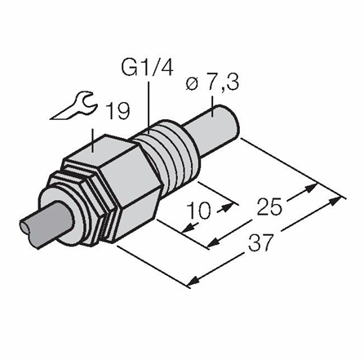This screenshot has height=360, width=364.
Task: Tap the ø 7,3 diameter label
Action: pos(212,82)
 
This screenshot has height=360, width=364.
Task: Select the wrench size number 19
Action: pos(118,111)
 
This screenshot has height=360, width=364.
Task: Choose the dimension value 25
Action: pos(270,207)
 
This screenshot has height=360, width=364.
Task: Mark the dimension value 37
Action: pos(260,242)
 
